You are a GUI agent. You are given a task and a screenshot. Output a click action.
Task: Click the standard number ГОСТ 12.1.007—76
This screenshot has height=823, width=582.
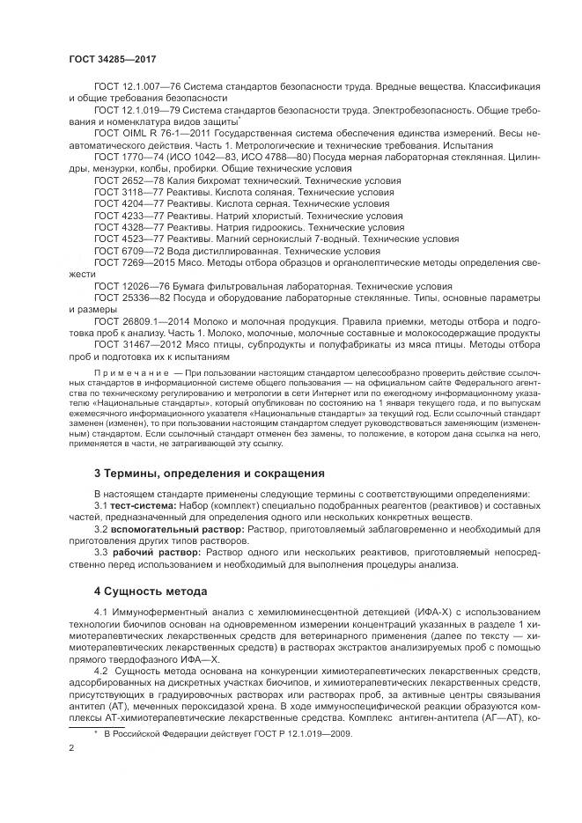[132, 89]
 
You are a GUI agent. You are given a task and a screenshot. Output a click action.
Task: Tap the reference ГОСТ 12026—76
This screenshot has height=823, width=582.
[126, 286]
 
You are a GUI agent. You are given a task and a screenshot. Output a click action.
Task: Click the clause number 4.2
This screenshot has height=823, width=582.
[103, 672]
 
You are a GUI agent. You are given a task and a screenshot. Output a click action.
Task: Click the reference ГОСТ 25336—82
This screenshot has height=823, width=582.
[126, 298]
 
